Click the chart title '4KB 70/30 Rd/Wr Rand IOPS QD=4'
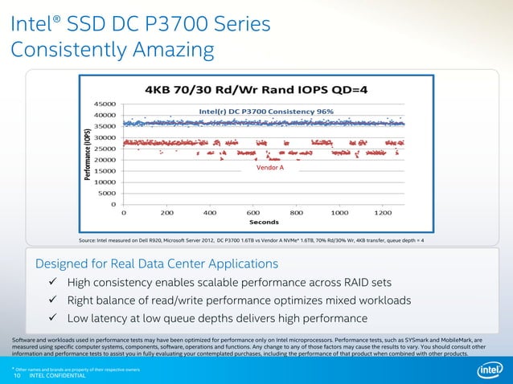pyautogui.click(x=256, y=88)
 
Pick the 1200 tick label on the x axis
pyautogui.click(x=384, y=213)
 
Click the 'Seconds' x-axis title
pyautogui.click(x=264, y=223)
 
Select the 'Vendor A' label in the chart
pyautogui.click(x=270, y=169)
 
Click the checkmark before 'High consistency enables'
pyautogui.click(x=51, y=283)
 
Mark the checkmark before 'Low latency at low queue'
pyautogui.click(x=51, y=319)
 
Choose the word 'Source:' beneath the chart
pyautogui.click(x=88, y=240)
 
